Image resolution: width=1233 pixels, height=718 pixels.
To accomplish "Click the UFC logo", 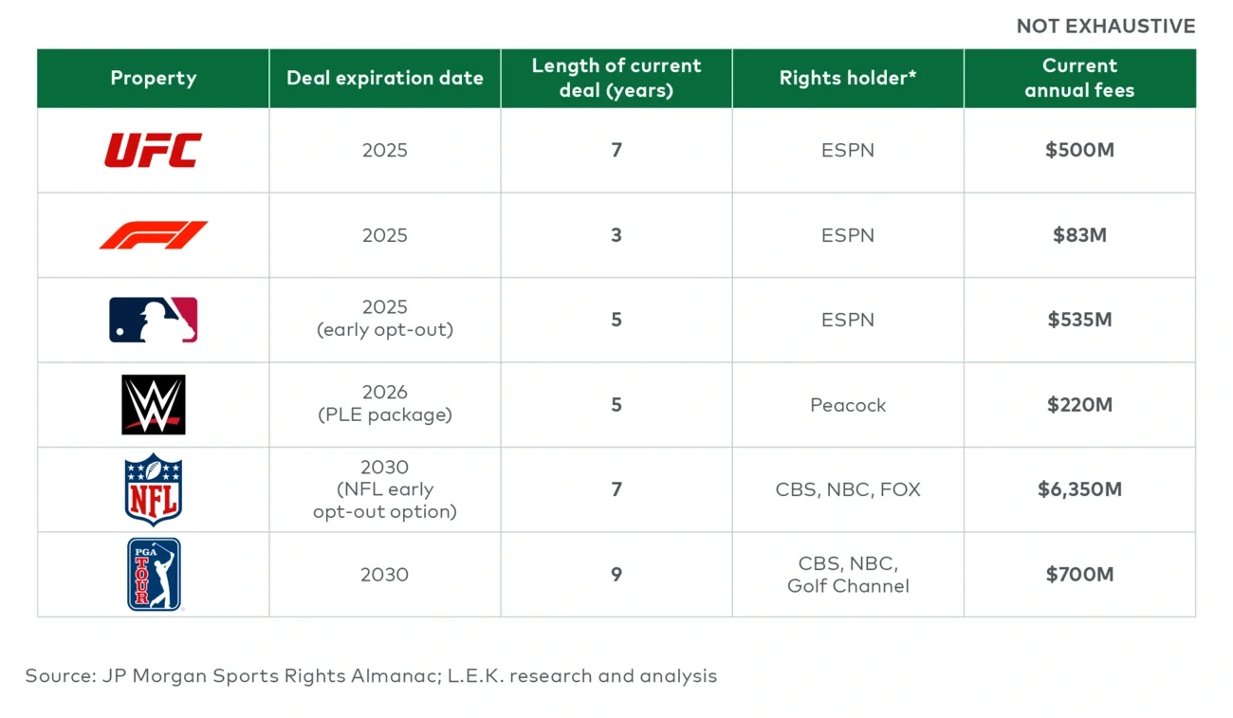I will tap(153, 150).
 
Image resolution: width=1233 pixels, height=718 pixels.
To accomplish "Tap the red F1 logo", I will tap(153, 235).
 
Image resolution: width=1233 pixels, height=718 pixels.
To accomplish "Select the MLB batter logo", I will tap(153, 320).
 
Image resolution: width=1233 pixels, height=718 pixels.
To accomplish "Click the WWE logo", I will tap(153, 405).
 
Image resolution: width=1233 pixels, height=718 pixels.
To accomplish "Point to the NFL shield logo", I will tap(153, 489).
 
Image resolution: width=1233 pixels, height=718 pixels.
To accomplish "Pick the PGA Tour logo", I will tap(154, 575).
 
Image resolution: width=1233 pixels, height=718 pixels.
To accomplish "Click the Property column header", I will tap(153, 78).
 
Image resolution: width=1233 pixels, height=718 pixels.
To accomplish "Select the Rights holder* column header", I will tap(847, 78).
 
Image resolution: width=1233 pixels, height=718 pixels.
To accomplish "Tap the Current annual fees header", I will tap(1079, 78).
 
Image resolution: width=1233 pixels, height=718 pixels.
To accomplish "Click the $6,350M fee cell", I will tap(1079, 489).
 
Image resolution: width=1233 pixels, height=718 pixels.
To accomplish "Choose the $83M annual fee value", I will tap(1079, 235).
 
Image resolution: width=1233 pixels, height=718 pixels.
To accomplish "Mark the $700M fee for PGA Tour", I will tap(1079, 575).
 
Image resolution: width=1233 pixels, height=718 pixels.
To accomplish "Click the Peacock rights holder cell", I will tap(847, 405).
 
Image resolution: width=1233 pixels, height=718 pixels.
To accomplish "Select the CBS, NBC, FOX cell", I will tap(847, 489).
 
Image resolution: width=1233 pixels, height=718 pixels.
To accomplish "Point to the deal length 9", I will tap(616, 575).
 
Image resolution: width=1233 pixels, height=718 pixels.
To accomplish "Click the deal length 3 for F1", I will tap(616, 235).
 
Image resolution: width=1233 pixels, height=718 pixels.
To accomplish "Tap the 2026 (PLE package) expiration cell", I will tap(384, 404).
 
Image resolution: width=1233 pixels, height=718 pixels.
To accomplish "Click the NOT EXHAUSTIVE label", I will tap(1105, 27).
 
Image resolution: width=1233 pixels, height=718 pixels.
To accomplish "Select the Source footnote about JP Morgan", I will tap(371, 676).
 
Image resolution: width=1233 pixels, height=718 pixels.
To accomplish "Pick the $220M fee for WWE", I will tap(1079, 405).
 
